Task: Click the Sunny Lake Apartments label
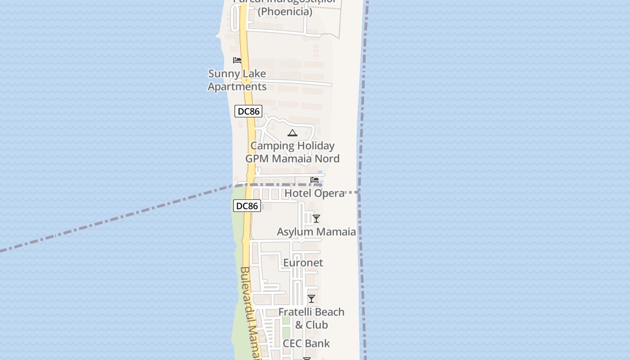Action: [x=237, y=80]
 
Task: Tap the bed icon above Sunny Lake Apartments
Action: [x=237, y=60]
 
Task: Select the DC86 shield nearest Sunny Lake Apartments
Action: [x=248, y=111]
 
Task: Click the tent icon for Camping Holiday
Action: [x=292, y=133]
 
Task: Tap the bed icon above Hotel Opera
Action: [x=315, y=180]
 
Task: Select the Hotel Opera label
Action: [x=315, y=193]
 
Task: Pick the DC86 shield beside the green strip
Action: [x=247, y=206]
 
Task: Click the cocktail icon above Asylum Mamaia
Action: [x=316, y=219]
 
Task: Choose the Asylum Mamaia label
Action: [x=316, y=232]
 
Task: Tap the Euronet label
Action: [x=303, y=262]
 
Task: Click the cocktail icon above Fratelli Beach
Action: [x=311, y=298]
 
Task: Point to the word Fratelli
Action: [x=293, y=312]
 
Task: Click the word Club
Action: [x=317, y=325]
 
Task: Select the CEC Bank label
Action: [x=306, y=343]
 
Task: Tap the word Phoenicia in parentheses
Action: [x=285, y=12]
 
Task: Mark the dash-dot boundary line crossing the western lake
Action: [x=112, y=220]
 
